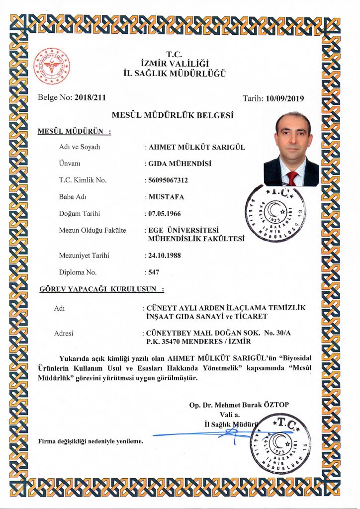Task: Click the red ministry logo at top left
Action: [51, 66]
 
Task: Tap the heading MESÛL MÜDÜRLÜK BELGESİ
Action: [173, 115]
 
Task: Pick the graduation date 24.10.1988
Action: [165, 255]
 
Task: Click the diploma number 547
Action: [154, 272]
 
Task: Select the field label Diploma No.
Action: [78, 272]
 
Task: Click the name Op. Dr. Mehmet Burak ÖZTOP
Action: [239, 405]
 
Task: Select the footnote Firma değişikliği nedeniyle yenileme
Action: [90, 441]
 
